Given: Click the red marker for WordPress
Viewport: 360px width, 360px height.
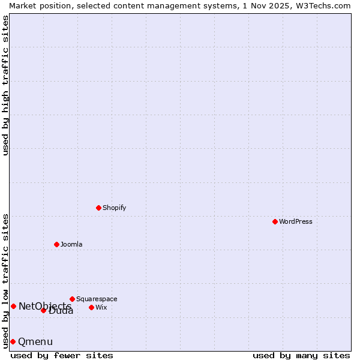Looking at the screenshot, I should (x=275, y=221).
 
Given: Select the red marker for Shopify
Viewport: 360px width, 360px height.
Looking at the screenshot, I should (x=98, y=208).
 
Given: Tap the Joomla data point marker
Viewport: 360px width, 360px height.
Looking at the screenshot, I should (x=56, y=244).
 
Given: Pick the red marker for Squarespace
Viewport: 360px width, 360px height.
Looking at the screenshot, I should (x=72, y=299).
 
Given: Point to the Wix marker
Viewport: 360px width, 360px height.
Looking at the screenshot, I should (x=91, y=307).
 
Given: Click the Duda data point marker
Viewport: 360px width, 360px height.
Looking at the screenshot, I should (x=43, y=310).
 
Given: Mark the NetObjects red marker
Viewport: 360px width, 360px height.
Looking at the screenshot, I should (x=13, y=306).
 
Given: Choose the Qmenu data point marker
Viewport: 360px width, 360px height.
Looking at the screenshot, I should (x=13, y=341).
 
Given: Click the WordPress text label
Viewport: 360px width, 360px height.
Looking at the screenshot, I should (x=295, y=221).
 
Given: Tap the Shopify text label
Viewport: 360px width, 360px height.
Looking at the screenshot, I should (x=114, y=208).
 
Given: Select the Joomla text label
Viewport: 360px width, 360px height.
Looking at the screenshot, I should (x=71, y=244).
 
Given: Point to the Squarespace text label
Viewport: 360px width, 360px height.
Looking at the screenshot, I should (x=97, y=299).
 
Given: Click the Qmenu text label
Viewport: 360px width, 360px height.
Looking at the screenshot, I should (x=35, y=342).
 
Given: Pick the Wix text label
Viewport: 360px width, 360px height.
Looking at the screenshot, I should (x=101, y=307).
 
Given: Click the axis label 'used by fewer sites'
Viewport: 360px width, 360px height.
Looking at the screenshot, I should (x=62, y=355).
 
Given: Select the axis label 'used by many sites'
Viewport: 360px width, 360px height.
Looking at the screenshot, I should (x=301, y=355).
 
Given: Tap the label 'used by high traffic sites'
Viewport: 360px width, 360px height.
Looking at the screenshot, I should (x=5, y=85).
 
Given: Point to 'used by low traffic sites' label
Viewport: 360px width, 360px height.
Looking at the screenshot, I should (x=5, y=281).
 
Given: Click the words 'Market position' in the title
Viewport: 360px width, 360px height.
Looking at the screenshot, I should (x=35, y=5).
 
